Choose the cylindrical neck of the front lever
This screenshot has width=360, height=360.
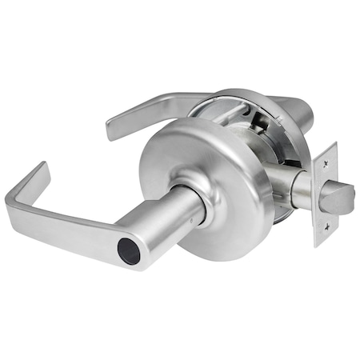point(172,224)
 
